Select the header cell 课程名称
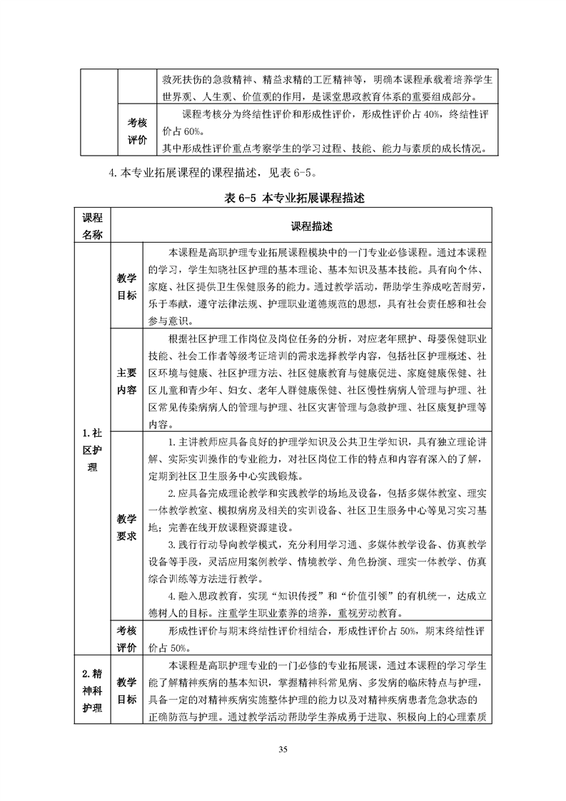(x=92, y=226)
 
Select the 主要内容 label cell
(x=126, y=381)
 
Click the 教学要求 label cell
(x=126, y=527)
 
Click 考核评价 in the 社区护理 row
(x=126, y=638)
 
